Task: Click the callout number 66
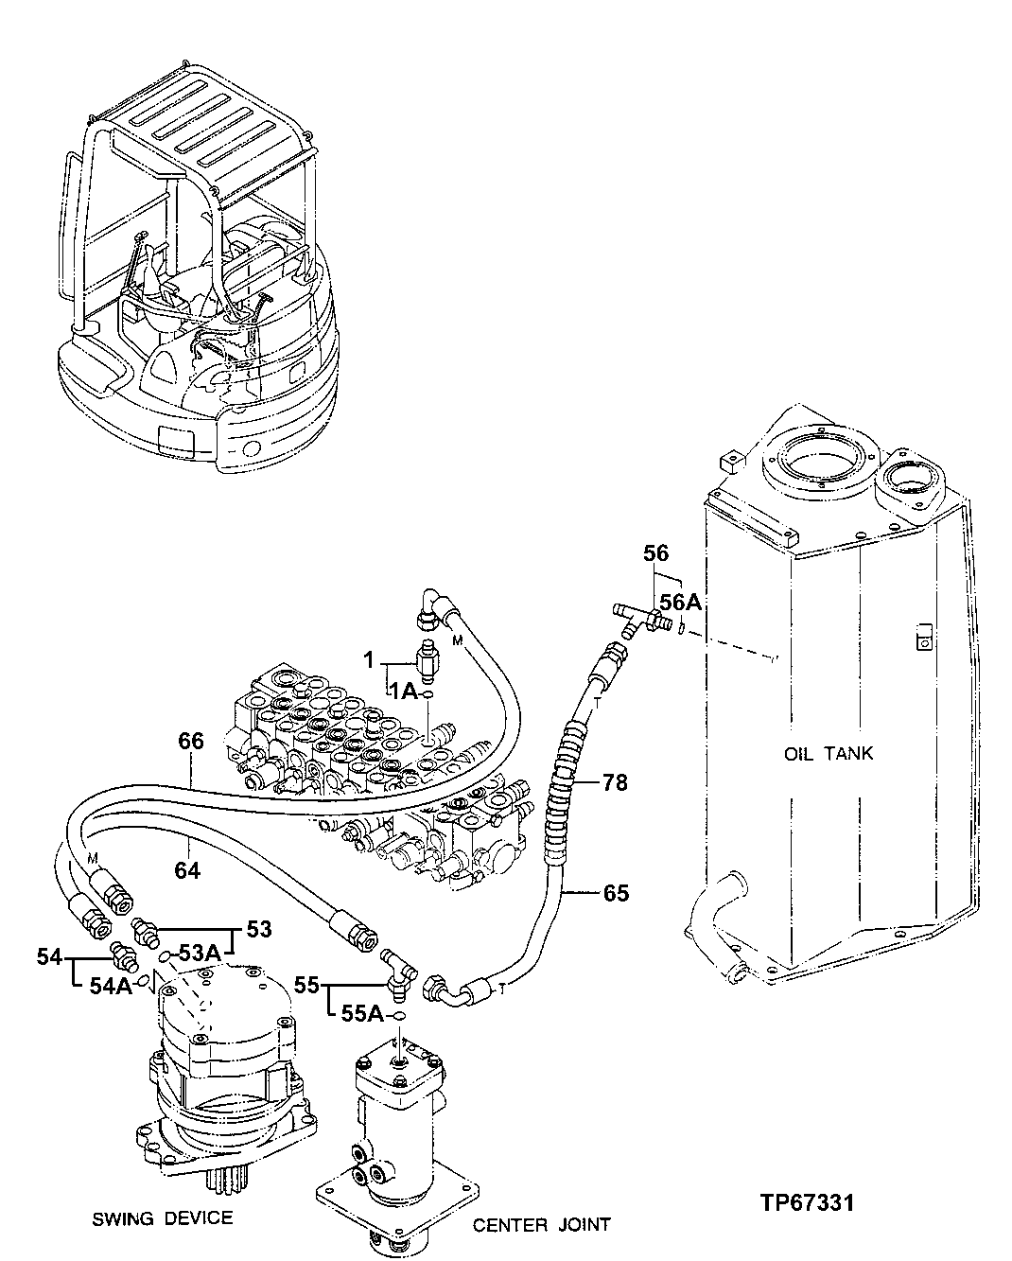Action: (x=191, y=741)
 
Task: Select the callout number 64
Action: (x=187, y=868)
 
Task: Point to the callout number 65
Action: (x=616, y=892)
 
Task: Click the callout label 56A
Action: (x=680, y=602)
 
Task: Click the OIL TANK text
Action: (x=829, y=754)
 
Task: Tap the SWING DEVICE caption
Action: (x=163, y=1217)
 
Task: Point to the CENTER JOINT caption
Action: (x=542, y=1225)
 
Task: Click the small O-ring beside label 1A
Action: (x=428, y=695)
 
